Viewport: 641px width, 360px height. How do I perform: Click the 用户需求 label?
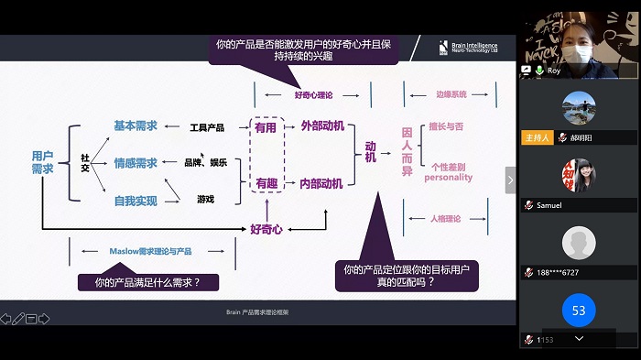coord(42,162)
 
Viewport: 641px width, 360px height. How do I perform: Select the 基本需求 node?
coord(136,126)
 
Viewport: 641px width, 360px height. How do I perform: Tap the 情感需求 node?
coord(136,163)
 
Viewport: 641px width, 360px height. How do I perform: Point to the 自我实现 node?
coord(136,200)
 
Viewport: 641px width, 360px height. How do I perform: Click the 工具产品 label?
coord(206,127)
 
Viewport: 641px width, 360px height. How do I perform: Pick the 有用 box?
coord(266,128)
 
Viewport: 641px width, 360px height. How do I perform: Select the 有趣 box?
coord(266,183)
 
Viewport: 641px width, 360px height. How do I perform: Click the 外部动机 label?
coord(321,127)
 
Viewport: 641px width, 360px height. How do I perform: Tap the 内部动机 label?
coord(321,183)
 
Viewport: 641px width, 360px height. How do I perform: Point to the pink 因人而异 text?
coord(407,152)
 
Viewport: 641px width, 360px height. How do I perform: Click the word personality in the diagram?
coord(449,178)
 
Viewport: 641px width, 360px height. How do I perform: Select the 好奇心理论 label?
coord(313,94)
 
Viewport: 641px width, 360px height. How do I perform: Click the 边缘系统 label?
coord(451,94)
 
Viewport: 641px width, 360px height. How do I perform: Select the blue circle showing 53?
coord(579,311)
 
